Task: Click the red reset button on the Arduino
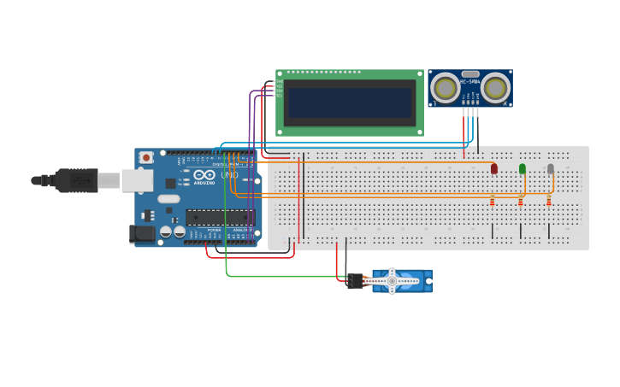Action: tap(146, 157)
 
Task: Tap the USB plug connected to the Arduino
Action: tap(77, 180)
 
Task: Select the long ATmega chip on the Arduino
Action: tap(220, 218)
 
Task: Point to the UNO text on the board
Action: tap(229, 175)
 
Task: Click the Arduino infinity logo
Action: tap(204, 174)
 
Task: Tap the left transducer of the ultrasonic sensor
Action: tap(444, 87)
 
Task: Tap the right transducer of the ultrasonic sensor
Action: tap(495, 87)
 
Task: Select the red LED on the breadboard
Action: tap(494, 168)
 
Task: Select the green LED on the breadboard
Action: tap(523, 168)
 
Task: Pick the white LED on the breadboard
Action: tap(551, 168)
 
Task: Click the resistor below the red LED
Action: tap(493, 202)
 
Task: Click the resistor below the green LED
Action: tap(521, 202)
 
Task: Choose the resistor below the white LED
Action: tap(549, 202)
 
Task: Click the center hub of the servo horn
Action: tap(392, 280)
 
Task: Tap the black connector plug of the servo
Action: tap(355, 281)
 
